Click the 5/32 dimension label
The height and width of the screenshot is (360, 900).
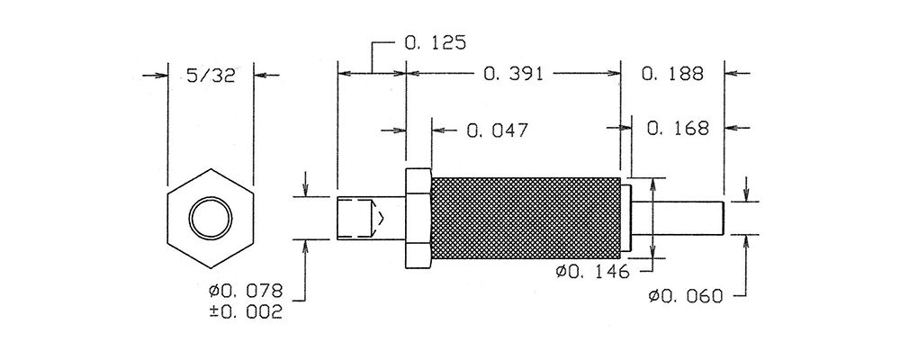click(x=211, y=76)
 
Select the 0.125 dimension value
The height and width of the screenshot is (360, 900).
click(x=435, y=42)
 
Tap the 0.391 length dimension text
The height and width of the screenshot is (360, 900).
click(x=513, y=74)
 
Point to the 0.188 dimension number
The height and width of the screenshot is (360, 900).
click(x=672, y=74)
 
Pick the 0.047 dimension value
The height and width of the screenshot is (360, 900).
click(x=497, y=130)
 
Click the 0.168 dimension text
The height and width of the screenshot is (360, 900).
click(x=678, y=128)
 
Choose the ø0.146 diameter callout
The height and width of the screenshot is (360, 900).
click(x=592, y=272)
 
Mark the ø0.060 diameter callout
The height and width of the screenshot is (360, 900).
click(x=685, y=296)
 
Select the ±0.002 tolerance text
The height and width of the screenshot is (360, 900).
click(x=246, y=312)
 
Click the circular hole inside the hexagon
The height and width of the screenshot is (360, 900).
click(x=211, y=219)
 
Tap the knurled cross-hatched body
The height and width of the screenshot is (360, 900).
click(x=526, y=218)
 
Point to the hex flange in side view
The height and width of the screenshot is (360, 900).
click(x=418, y=218)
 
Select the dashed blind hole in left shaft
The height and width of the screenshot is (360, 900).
click(x=359, y=218)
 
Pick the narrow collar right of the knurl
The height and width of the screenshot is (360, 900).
click(x=625, y=218)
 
